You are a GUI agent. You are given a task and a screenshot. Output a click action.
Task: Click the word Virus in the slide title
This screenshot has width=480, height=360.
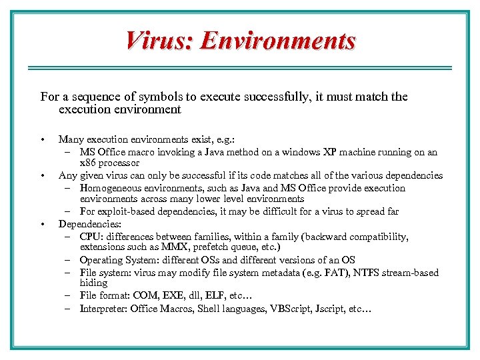tap(157, 41)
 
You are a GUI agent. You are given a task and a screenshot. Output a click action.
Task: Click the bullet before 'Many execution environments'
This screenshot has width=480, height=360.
tap(42, 139)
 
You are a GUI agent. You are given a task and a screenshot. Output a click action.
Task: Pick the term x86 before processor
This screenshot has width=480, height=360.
tap(89, 163)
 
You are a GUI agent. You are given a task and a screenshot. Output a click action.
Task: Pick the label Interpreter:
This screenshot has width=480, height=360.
tap(103, 309)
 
